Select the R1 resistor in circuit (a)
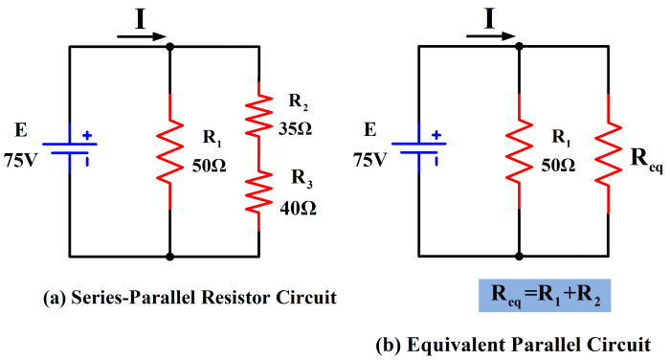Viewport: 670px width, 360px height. pyautogui.click(x=170, y=151)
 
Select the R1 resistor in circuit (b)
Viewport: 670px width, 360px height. pyautogui.click(x=518, y=151)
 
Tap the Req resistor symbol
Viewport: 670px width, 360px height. pyautogui.click(x=607, y=151)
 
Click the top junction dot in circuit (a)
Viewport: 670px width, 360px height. pyautogui.click(x=170, y=45)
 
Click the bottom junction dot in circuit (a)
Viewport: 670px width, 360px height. pyautogui.click(x=170, y=257)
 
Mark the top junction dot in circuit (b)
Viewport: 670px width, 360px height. pyautogui.click(x=518, y=45)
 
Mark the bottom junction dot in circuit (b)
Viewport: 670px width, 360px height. pyautogui.click(x=518, y=257)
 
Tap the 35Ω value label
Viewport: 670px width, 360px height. pyautogui.click(x=294, y=126)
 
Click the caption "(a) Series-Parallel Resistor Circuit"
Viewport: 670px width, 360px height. pyautogui.click(x=190, y=298)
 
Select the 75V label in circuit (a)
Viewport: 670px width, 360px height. pyautogui.click(x=26, y=159)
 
